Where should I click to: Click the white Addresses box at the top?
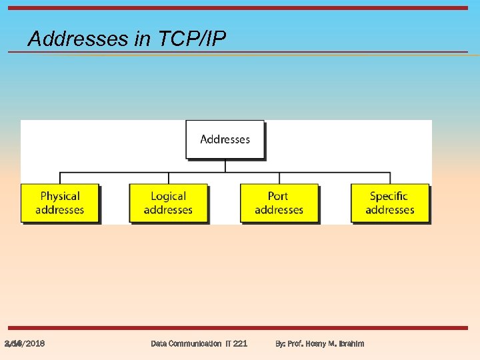[225, 139]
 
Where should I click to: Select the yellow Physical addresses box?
[59, 203]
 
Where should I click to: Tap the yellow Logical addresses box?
[168, 203]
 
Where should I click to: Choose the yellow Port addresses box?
[279, 203]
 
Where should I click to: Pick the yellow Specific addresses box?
[389, 203]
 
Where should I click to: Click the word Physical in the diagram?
[60, 196]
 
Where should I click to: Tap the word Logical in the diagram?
[168, 196]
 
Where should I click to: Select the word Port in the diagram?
[278, 196]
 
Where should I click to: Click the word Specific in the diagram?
[389, 196]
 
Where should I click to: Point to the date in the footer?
[25, 343]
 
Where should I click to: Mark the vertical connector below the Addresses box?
[225, 166]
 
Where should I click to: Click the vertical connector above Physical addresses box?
[60, 178]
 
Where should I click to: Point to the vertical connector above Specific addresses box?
[390, 178]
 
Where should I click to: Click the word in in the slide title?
[143, 39]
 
